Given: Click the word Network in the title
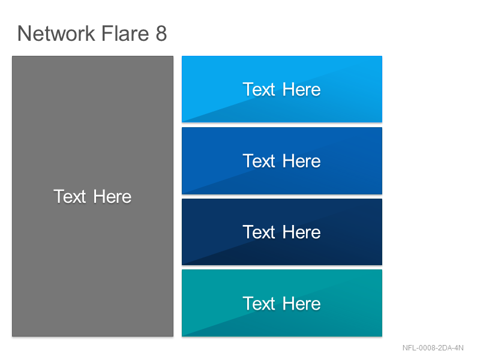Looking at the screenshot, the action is click(56, 33).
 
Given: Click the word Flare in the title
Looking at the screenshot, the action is click(125, 33).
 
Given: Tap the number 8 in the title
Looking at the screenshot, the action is click(161, 33).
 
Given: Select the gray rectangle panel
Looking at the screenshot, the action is click(93, 196).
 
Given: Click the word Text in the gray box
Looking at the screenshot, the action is click(70, 196).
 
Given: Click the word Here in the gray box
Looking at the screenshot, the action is click(112, 196).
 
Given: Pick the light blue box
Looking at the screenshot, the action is click(282, 89).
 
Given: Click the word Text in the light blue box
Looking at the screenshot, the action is click(259, 89).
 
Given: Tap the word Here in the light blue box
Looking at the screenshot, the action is click(302, 89).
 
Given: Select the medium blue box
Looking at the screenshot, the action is click(282, 161).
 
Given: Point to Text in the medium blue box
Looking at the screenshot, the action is click(259, 161).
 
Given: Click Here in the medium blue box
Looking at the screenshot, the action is click(302, 161).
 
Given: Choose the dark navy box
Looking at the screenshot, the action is click(282, 232).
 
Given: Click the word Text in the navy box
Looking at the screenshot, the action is click(259, 232).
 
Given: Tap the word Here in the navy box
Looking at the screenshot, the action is click(302, 232).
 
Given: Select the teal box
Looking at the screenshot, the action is click(282, 303).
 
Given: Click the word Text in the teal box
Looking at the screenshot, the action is click(259, 304).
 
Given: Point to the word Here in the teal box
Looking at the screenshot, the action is click(302, 304).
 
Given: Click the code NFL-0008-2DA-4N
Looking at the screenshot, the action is click(433, 348).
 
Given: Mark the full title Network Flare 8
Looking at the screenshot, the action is click(92, 33).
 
